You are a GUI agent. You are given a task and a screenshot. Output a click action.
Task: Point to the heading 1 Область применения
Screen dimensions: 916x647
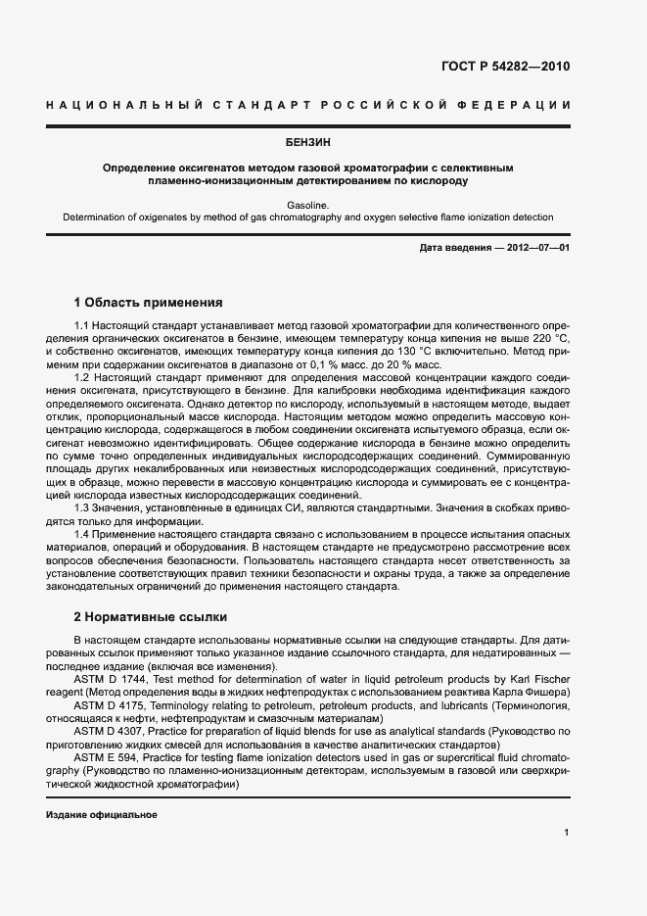pyautogui.click(x=149, y=303)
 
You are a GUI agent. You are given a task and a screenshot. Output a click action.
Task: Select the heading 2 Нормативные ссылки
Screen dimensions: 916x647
pyautogui.click(x=151, y=617)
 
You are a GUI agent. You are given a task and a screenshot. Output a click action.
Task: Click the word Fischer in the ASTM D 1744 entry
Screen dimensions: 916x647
pyautogui.click(x=551, y=679)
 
